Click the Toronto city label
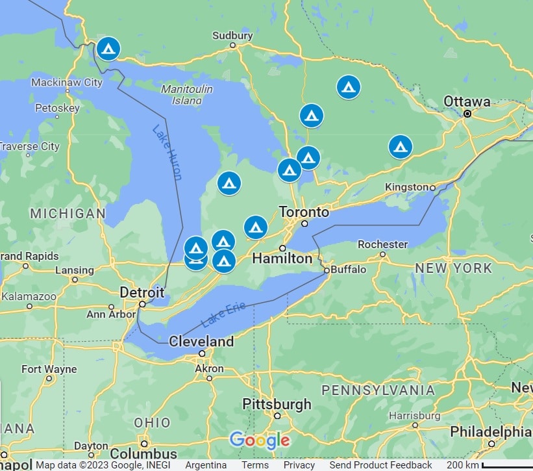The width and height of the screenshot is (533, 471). coord(304,212)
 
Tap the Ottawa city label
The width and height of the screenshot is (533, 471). coord(467,101)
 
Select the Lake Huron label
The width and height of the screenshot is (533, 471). coord(167,152)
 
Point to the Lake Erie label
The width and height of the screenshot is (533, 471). coord(223,314)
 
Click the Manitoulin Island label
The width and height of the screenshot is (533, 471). coord(182,94)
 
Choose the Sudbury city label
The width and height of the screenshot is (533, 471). coord(232,35)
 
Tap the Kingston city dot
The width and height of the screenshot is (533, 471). coord(432,187)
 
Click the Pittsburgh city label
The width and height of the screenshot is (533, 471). coord(277,404)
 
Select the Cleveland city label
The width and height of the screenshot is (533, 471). coord(201,341)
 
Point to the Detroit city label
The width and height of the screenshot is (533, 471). coord(142,292)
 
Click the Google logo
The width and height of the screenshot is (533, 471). coord(259,440)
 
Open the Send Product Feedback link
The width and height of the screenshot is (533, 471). coord(380,465)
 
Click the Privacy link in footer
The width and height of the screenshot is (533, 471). coord(299,465)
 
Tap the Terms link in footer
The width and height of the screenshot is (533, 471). coord(255,465)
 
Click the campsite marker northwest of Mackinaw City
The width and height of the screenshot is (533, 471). coord(108,49)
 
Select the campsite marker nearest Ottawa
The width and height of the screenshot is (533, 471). coord(401,147)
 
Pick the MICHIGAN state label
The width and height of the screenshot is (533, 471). coord(68,214)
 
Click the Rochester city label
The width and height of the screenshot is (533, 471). coord(382,244)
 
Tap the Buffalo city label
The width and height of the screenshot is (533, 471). coord(349,269)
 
